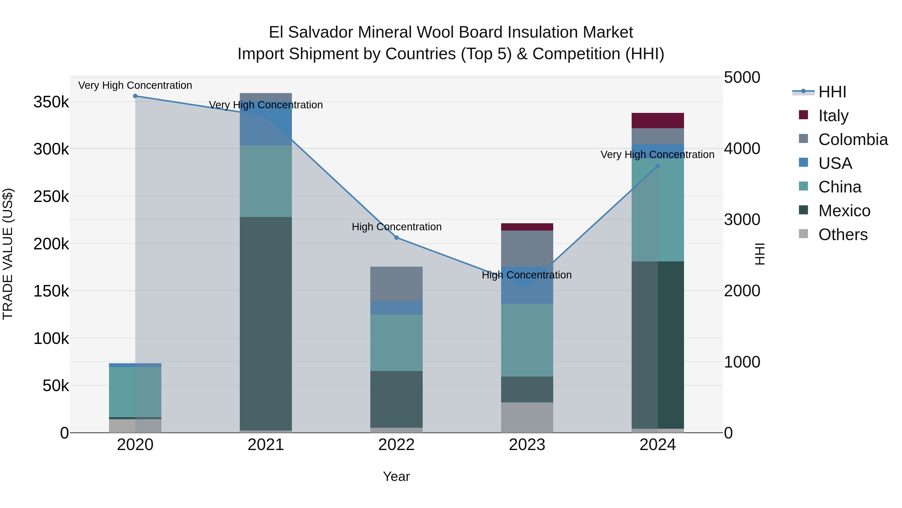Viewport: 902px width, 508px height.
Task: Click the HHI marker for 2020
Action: point(135,96)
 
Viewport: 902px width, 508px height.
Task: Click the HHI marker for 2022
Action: point(396,238)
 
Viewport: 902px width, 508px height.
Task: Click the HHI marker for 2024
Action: point(658,166)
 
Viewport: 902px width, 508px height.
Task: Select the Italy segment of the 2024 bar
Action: point(658,121)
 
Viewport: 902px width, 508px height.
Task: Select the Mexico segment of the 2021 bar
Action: point(266,323)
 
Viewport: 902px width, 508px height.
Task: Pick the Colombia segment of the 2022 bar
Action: point(396,284)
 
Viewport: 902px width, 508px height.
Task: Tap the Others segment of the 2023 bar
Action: point(527,417)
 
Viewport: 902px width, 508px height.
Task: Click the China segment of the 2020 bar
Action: point(135,392)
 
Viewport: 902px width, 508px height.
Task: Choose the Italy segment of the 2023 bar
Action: point(527,227)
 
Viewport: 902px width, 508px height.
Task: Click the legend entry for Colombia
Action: point(853,139)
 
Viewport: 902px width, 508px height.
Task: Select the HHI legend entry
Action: point(832,92)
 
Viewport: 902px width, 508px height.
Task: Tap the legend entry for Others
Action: point(842,235)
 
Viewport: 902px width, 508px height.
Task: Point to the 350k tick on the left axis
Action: point(51,102)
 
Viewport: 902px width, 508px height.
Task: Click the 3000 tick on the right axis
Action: point(742,220)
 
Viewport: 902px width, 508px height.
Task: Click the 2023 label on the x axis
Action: point(527,445)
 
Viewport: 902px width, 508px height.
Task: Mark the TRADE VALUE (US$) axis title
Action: point(8,254)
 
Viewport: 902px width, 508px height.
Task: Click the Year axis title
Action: point(396,476)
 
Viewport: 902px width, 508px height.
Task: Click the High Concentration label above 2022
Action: point(396,227)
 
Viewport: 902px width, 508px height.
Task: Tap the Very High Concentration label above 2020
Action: point(135,85)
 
